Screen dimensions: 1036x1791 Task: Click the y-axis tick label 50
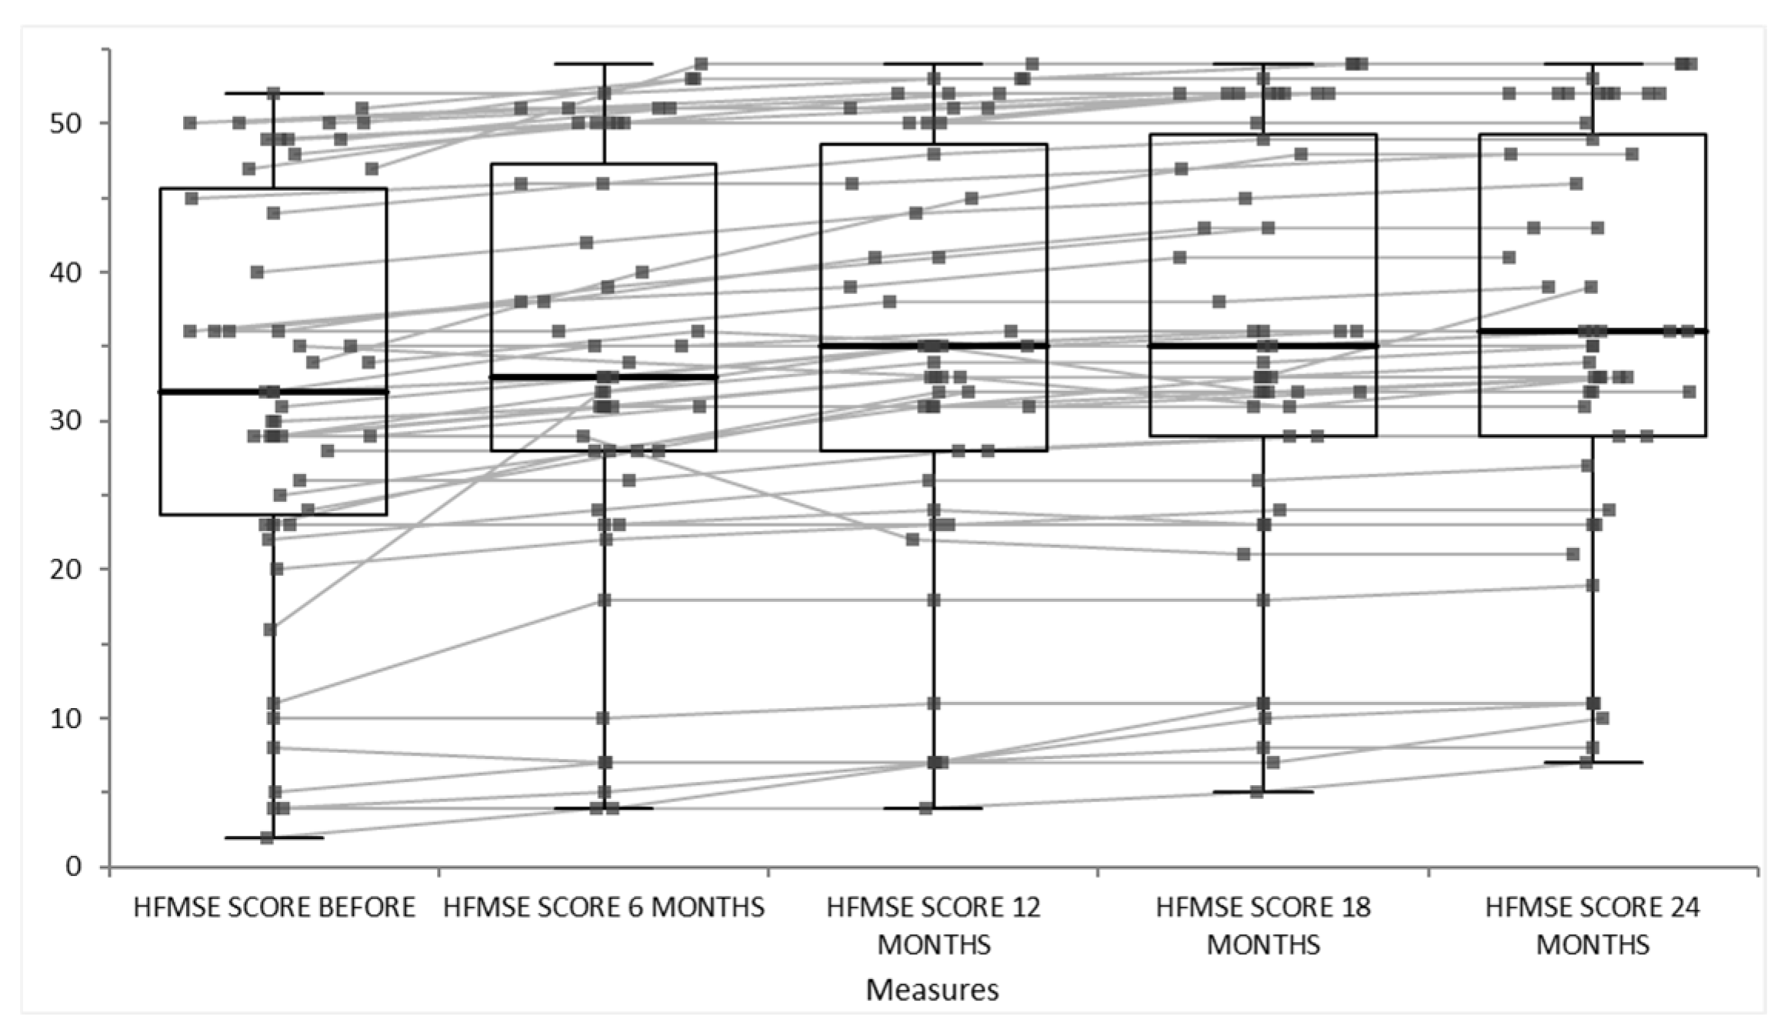click(x=65, y=124)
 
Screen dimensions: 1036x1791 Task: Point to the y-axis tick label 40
click(x=65, y=272)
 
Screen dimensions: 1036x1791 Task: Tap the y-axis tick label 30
click(x=65, y=421)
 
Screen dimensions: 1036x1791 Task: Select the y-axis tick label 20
click(x=65, y=570)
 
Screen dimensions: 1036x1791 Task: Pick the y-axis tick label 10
click(x=65, y=718)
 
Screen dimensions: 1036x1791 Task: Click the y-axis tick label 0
click(x=74, y=867)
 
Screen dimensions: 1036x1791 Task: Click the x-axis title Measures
click(x=932, y=990)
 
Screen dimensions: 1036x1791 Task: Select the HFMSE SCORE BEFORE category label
click(x=274, y=907)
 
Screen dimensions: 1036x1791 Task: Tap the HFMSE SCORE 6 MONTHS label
click(x=604, y=907)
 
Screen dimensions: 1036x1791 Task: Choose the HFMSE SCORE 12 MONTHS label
click(x=933, y=926)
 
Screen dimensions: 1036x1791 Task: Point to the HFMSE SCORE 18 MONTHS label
click(x=1263, y=926)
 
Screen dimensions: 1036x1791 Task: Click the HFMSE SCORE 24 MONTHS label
click(x=1593, y=926)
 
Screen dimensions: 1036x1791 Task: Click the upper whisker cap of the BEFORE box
click(x=296, y=93)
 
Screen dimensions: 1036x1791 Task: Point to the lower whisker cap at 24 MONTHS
click(x=1616, y=763)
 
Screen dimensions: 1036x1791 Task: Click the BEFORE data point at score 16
click(x=270, y=630)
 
